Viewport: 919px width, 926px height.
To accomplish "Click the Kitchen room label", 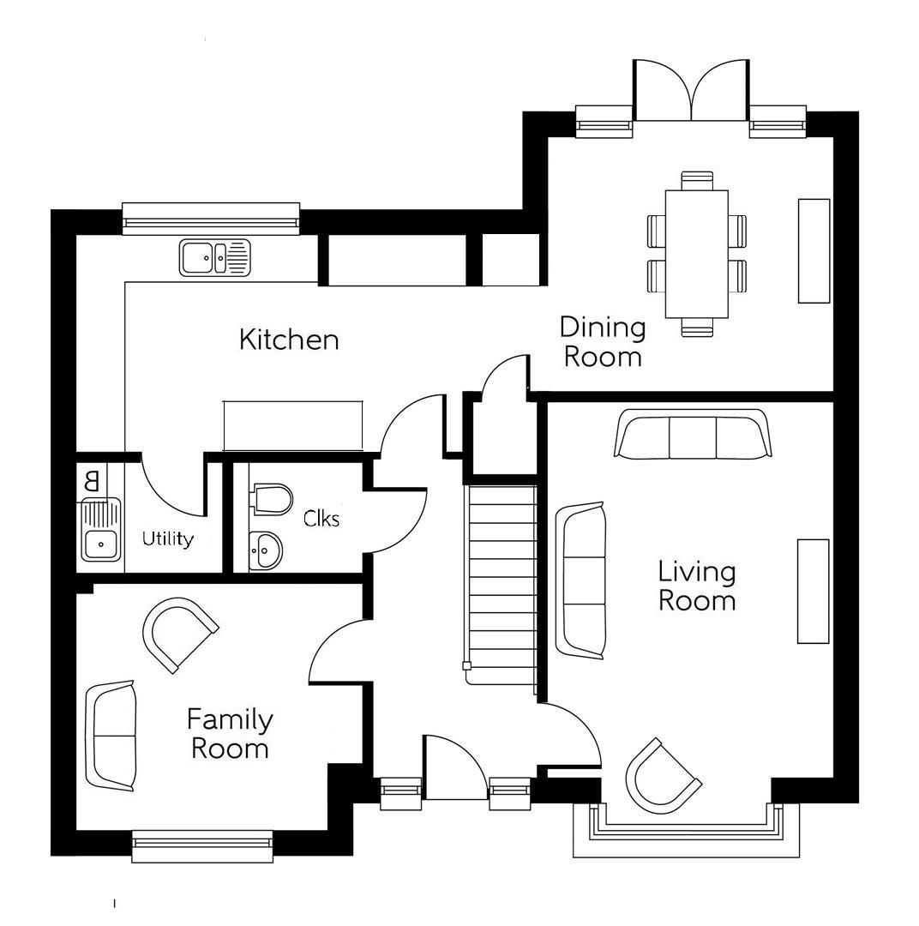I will pos(289,340).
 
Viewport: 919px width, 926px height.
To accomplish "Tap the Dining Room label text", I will pos(603,341).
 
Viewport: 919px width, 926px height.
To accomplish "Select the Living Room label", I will pos(696,586).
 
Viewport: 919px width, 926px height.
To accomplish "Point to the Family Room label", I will pos(230,734).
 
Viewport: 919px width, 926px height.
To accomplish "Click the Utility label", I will pos(167,539).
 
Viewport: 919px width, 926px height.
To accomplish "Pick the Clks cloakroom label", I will pos(321,519).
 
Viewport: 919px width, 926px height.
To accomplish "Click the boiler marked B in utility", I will pos(93,481).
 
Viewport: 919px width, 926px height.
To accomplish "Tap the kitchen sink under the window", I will pos(215,257).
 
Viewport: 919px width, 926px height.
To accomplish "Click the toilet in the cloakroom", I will pos(272,499).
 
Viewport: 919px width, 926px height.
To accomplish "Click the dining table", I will pos(696,253).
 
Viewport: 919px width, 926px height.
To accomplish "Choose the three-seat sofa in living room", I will pos(693,434).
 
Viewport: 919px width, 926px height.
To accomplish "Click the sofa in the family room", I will pos(111,736).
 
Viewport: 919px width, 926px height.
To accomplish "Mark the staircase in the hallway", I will pos(501,583).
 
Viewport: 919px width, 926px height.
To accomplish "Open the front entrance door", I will pos(454,767).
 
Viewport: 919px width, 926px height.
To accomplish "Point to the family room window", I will pos(202,845).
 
